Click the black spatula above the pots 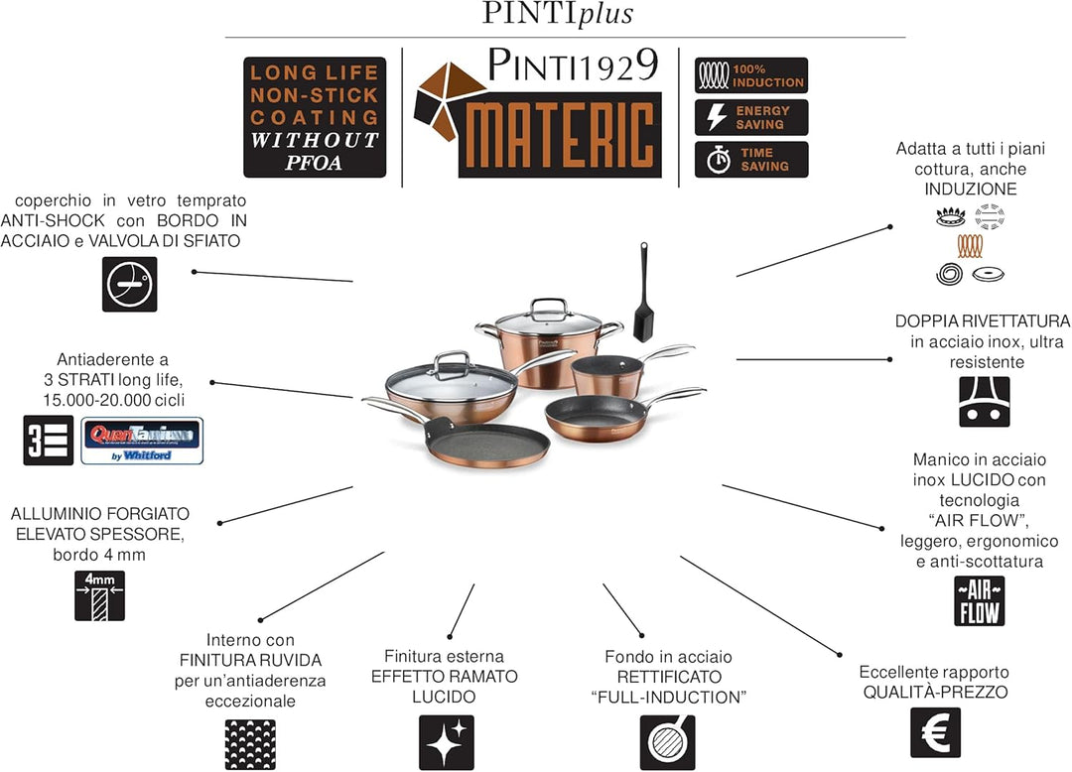coord(643,287)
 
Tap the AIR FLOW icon coord(979,600)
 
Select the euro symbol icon coord(935,732)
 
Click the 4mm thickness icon coord(99,595)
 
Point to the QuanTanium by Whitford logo coord(141,441)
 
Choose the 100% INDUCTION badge coord(751,75)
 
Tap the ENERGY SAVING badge coord(751,117)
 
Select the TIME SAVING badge coord(751,159)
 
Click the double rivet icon coord(984,402)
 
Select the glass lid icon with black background coord(130,285)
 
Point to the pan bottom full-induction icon coord(667,742)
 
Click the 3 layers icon coord(49,441)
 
